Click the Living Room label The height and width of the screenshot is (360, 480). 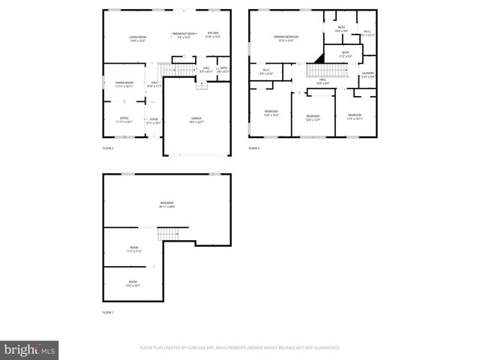(137, 37)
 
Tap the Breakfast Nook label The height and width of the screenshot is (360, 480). (183, 34)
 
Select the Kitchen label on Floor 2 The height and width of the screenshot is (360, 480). (213, 34)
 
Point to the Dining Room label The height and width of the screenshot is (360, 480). (124, 83)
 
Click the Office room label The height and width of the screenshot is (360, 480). (124, 119)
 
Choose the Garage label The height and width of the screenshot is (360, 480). (196, 119)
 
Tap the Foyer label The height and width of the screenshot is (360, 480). (153, 119)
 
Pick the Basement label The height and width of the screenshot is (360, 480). (167, 204)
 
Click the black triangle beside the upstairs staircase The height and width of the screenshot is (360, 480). (318, 57)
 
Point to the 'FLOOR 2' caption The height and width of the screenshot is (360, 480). (108, 148)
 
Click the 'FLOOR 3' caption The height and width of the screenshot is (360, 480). (254, 148)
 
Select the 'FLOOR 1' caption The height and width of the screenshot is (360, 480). (108, 311)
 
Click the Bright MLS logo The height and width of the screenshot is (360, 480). (30, 349)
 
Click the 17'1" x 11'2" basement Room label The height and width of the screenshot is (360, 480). (134, 250)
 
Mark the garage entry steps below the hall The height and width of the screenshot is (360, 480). (201, 85)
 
